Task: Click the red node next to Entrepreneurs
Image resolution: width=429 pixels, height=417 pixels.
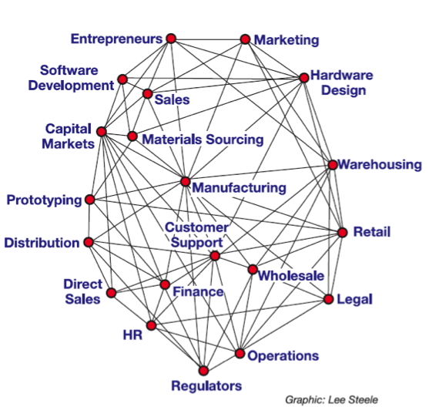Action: tap(171, 39)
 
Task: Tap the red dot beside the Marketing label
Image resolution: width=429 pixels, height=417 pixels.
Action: tap(245, 39)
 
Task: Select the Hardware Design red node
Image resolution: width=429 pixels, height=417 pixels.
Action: tap(304, 78)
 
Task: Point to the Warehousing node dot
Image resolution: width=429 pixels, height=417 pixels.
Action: tap(333, 165)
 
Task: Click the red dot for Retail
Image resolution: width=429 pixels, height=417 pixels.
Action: tap(342, 233)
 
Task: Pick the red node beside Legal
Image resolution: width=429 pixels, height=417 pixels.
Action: tap(329, 299)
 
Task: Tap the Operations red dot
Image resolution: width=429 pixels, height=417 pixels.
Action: tap(240, 354)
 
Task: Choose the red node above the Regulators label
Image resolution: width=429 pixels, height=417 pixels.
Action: tap(203, 371)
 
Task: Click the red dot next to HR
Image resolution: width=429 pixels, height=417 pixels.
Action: tap(151, 325)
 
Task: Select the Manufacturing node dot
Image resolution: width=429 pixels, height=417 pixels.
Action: tap(186, 181)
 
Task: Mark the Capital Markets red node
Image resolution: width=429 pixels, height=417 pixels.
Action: tap(102, 132)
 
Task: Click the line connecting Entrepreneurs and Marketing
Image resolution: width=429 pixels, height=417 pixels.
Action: tap(208, 39)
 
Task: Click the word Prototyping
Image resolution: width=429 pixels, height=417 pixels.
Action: tap(45, 200)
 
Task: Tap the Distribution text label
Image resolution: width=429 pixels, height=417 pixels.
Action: tap(42, 243)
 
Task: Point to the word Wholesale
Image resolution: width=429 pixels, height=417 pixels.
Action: tap(291, 275)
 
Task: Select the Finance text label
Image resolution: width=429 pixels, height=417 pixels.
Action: tap(199, 291)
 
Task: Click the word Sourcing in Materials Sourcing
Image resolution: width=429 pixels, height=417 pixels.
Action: tap(235, 140)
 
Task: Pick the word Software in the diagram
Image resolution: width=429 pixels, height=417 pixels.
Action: tap(69, 70)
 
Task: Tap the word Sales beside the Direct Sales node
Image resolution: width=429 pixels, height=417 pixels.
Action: tap(82, 299)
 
